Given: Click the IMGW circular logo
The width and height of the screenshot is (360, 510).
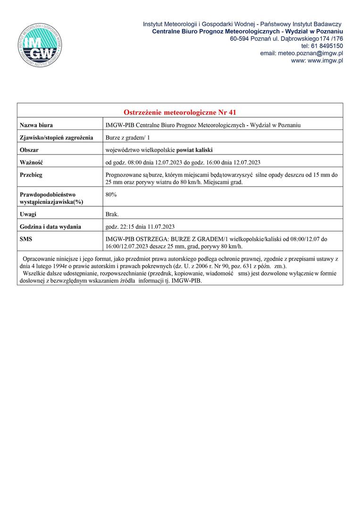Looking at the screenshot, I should pos(42,43).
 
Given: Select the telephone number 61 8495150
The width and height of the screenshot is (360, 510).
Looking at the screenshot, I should pos(326,46).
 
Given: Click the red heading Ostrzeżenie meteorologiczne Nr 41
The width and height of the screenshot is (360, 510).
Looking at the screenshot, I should pos(179,112).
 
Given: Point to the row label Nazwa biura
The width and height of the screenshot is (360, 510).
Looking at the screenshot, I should pos(36,125).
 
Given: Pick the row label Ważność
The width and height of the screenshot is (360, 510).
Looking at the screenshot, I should pos(31,162).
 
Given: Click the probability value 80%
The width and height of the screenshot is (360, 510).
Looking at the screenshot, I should pos(111,194).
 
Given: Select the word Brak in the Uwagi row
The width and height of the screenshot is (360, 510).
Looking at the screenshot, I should pos(112,214).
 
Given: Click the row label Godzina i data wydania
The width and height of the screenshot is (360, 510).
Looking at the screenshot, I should pos(50,227).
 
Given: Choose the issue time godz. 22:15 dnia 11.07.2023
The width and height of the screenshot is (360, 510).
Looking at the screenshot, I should pos(141,227).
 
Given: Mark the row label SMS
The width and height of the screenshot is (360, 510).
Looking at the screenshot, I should pos(26,239).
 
